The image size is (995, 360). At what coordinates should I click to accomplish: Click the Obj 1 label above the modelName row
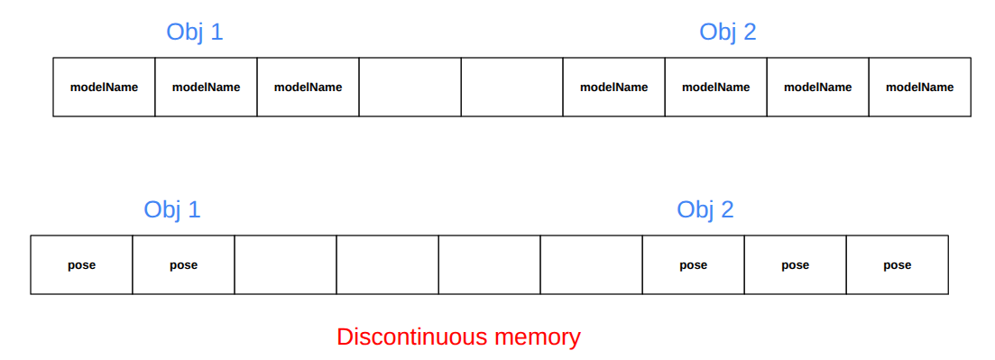[x=194, y=32]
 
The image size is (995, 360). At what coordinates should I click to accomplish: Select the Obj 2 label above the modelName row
[x=727, y=32]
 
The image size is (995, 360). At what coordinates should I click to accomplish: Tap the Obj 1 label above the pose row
[x=171, y=210]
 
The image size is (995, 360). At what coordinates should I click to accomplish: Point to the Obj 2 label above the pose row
[x=705, y=210]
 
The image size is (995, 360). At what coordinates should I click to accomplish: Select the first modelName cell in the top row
[x=104, y=88]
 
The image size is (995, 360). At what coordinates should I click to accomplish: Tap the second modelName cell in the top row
[x=206, y=88]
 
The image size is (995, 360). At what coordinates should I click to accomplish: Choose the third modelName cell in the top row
[x=308, y=88]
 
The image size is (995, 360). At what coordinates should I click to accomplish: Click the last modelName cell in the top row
[x=919, y=88]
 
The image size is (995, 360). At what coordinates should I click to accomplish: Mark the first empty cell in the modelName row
[x=410, y=88]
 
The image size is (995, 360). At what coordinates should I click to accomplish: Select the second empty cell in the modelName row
[x=511, y=88]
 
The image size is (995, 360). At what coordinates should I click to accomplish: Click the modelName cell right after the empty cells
[x=613, y=88]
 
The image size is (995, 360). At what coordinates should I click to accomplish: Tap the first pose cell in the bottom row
[x=81, y=265]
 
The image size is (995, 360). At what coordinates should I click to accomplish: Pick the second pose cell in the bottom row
[x=183, y=265]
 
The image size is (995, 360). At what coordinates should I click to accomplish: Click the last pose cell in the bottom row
[x=897, y=265]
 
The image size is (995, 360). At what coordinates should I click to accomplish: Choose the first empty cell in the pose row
[x=285, y=265]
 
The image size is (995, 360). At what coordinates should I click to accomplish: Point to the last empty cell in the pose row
[x=591, y=265]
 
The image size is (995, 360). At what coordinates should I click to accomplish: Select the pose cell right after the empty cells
[x=693, y=265]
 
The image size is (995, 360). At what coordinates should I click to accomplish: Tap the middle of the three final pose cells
[x=795, y=265]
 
